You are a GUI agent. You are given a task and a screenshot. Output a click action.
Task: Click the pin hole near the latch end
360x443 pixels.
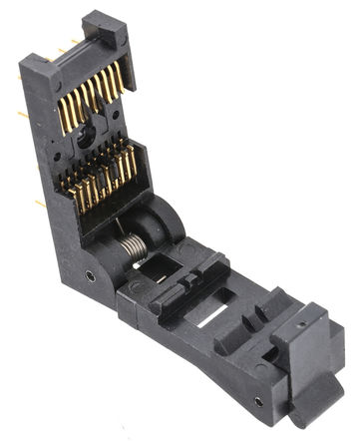click(x=258, y=402)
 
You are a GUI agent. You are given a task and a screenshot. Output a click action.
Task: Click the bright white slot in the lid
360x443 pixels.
click(x=210, y=321)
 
